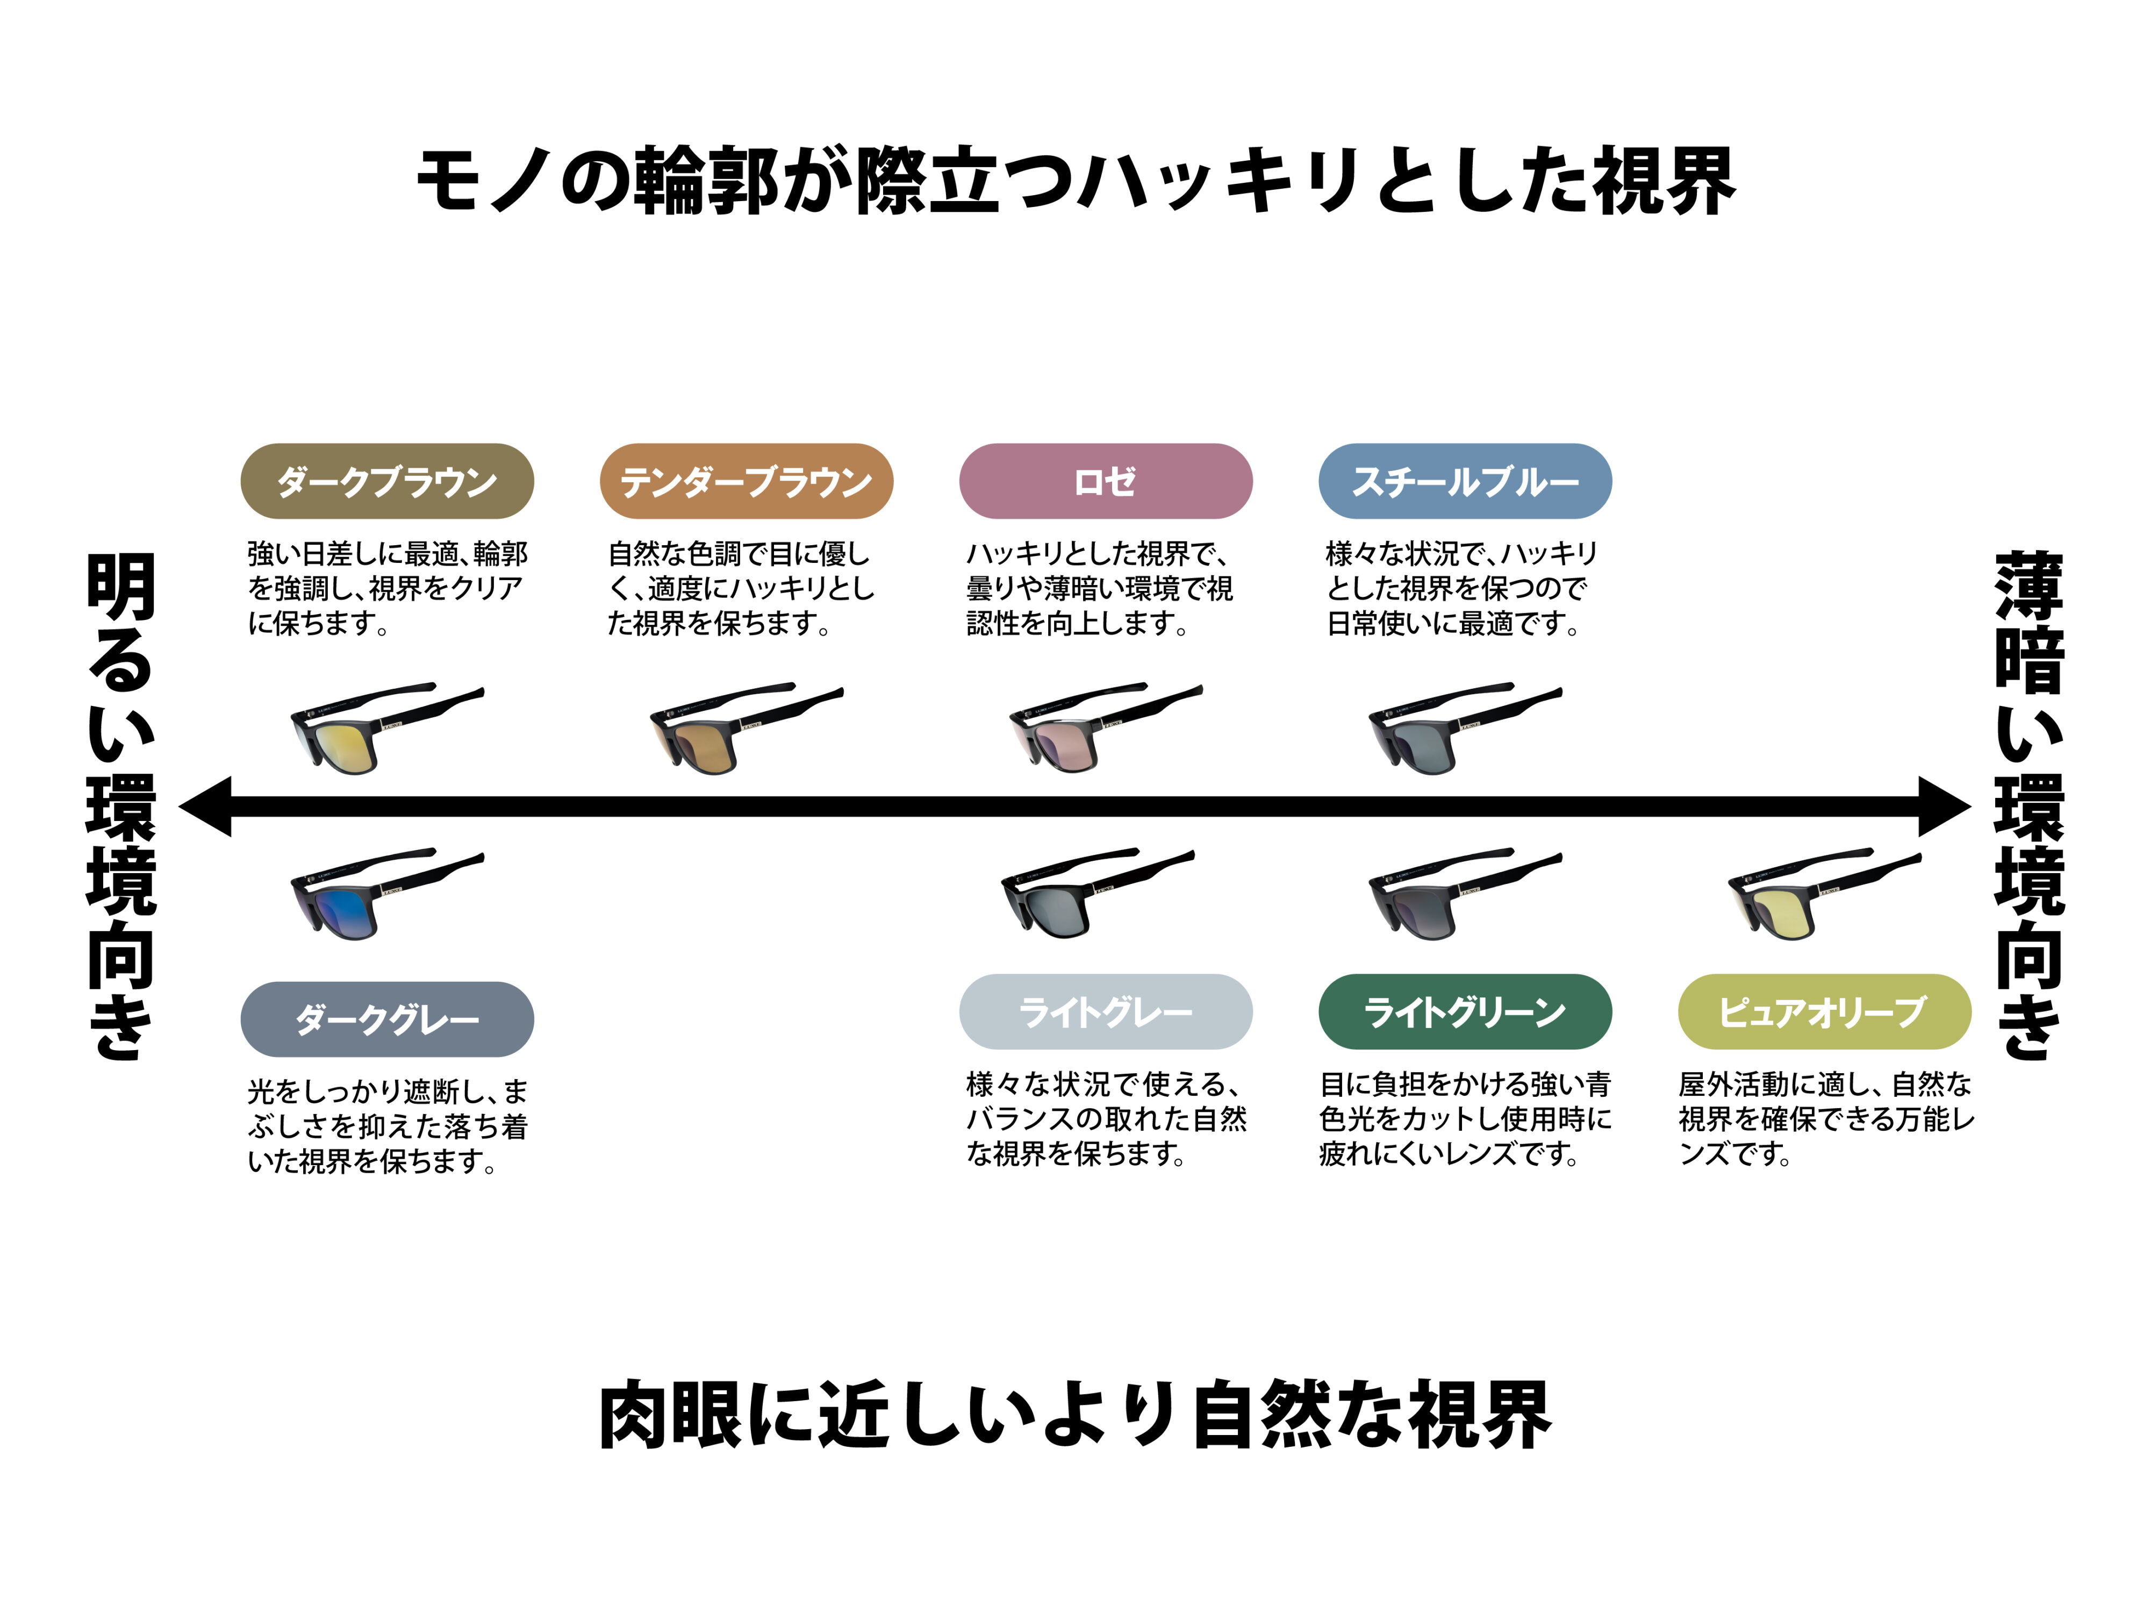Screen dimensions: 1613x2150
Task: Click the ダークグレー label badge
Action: click(x=387, y=1019)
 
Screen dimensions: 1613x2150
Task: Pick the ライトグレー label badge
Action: click(x=1105, y=1011)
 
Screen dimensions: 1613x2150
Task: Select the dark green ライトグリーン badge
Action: click(x=1465, y=1011)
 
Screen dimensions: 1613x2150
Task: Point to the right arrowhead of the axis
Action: click(x=1944, y=806)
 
